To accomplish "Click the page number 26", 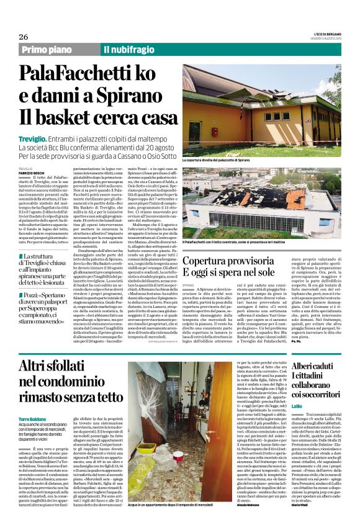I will pos(24,37).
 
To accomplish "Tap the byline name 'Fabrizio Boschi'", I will pos(31,172).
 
